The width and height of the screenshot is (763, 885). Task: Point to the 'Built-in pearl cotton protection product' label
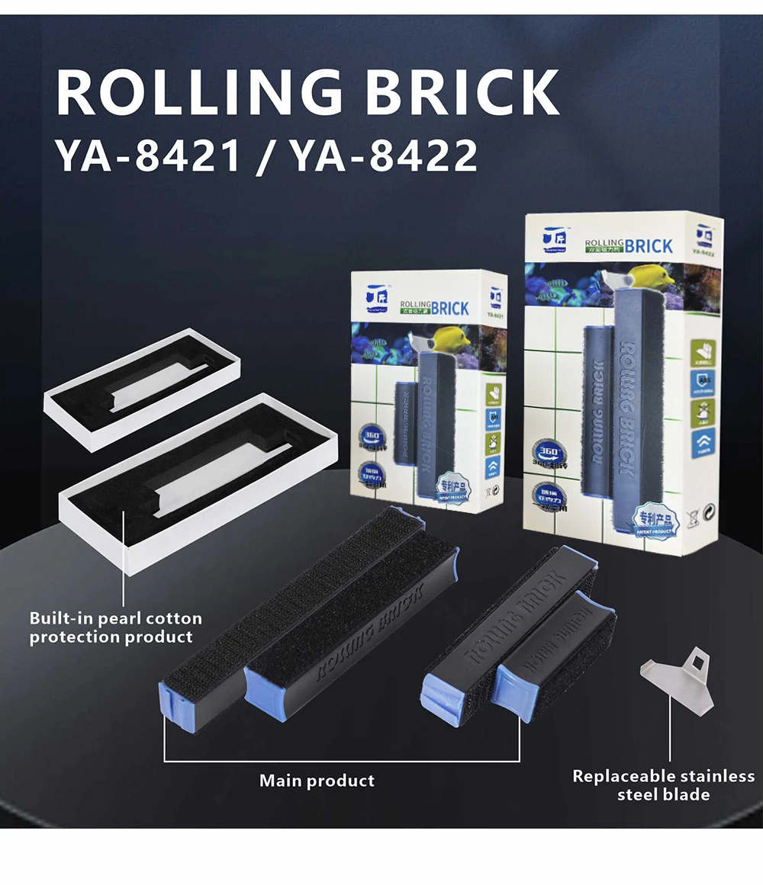pos(115,627)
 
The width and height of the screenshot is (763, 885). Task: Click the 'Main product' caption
pos(317,781)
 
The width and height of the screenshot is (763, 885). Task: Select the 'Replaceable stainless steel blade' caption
pos(663,785)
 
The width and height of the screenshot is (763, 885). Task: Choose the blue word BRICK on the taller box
pos(649,246)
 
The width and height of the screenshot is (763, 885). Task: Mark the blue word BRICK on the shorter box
pos(449,308)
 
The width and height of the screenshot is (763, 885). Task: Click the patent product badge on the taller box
pos(656,520)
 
